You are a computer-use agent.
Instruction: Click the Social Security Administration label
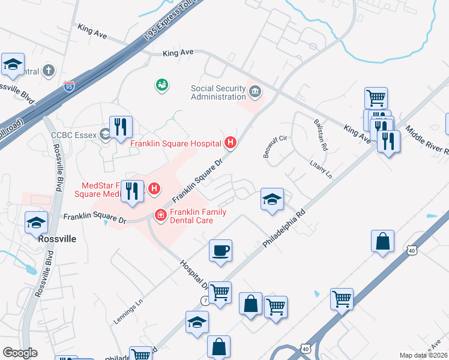pos(218,92)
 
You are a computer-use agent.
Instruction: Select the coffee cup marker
pos(220,250)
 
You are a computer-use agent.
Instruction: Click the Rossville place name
pos(57,239)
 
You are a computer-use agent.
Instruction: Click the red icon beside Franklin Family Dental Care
pos(160,214)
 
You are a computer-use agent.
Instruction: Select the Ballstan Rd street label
pos(321,135)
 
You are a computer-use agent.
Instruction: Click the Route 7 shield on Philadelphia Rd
pos(205,299)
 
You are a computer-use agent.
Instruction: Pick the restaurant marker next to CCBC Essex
pos(121,127)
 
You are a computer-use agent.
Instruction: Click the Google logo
pos(20,353)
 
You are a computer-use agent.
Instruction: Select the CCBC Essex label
pos(74,135)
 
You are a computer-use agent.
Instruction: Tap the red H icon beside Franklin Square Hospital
pos(230,143)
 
